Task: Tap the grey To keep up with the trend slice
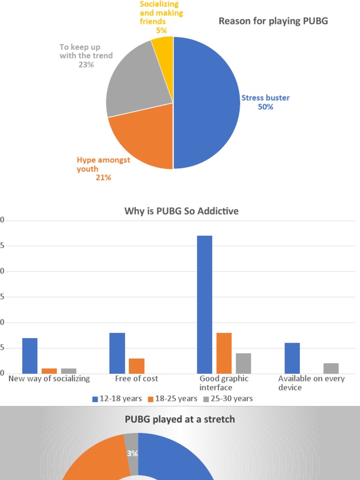point(136,84)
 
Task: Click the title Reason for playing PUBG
point(273,22)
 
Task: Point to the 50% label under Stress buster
point(265,107)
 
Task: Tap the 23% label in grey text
point(86,65)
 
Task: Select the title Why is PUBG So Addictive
point(181,211)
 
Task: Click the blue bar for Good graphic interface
point(204,305)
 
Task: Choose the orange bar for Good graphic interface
point(224,353)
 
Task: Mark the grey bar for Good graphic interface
point(243,363)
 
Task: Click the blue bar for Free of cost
point(117,353)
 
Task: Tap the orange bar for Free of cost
point(136,366)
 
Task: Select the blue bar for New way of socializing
point(30,355)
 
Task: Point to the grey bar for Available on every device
point(331,368)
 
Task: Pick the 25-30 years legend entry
point(228,398)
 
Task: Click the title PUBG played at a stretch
point(180,419)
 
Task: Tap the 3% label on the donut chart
point(132,453)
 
